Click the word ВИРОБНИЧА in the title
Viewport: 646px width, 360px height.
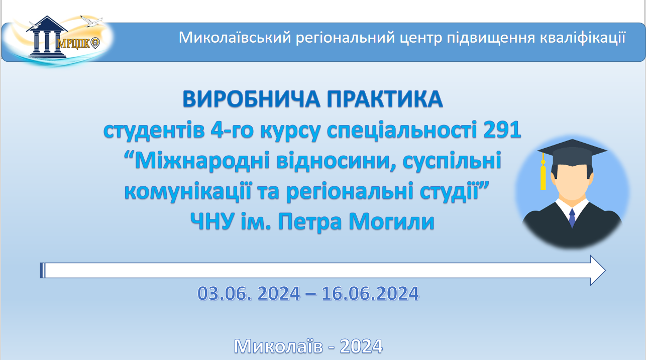point(252,99)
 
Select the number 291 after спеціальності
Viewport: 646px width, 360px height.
point(502,130)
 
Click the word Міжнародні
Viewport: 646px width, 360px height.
point(202,161)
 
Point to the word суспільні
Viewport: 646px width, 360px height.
point(452,161)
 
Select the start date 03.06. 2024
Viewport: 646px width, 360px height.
point(249,293)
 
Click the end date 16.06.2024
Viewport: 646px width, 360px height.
point(370,293)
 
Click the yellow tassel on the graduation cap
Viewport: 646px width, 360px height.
point(543,174)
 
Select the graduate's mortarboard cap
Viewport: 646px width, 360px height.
point(572,153)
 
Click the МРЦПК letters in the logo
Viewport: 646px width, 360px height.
point(73,44)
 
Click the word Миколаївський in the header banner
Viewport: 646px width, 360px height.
point(235,38)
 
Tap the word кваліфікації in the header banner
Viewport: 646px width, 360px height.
point(583,38)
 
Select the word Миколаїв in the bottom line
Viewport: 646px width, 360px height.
point(278,346)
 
